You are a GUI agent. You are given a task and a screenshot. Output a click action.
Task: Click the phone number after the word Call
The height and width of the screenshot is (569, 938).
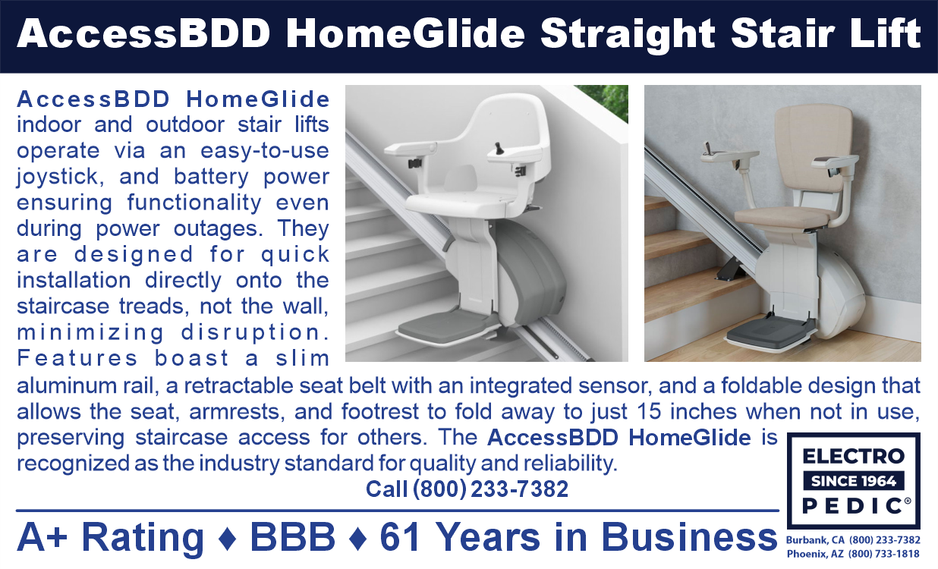coord(490,489)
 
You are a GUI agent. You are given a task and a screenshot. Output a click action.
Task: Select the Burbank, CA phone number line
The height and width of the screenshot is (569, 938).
coord(853,540)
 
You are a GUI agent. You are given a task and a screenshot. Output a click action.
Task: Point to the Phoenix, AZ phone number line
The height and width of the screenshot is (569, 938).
coord(853,553)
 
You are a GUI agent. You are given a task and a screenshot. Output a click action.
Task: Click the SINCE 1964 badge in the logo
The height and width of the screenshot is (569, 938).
coord(853,481)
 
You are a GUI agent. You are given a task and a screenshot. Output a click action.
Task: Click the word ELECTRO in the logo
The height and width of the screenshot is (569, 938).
coord(853,457)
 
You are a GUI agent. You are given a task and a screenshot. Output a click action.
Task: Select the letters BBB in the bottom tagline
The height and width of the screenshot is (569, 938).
coord(292,537)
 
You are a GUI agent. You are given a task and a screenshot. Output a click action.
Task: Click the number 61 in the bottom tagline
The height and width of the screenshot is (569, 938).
coord(402,537)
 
